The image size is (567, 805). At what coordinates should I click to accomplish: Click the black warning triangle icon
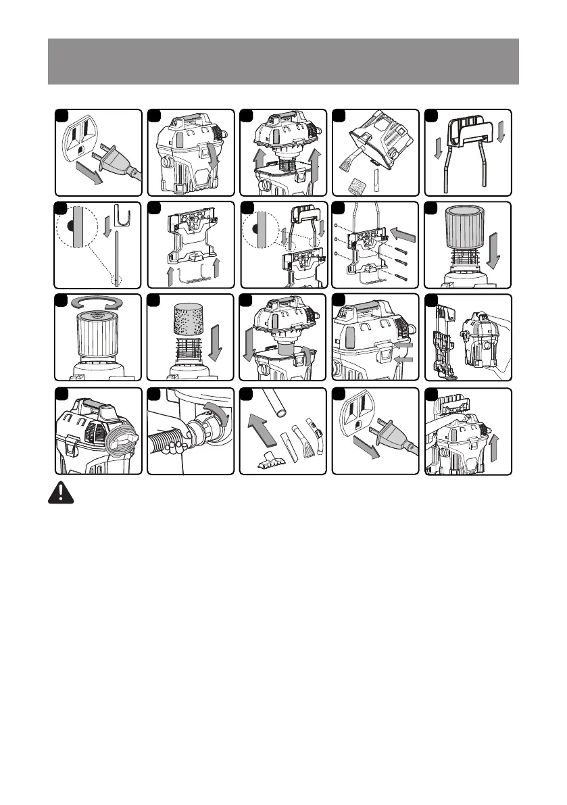[61, 493]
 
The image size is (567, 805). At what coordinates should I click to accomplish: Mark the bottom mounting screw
[402, 276]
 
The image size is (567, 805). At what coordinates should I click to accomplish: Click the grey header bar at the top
[283, 62]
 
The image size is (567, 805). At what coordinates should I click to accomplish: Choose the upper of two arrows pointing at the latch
[403, 343]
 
